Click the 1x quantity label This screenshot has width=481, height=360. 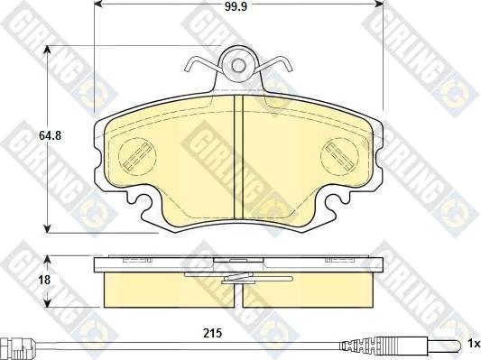472,344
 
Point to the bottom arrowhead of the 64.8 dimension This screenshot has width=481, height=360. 47,226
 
